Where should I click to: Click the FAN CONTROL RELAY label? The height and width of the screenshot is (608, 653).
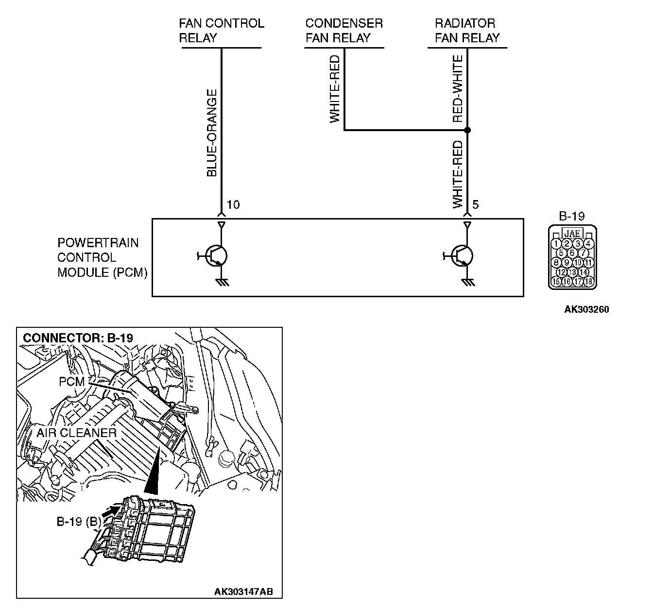click(221, 31)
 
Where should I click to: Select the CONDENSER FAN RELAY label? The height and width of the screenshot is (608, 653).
click(344, 31)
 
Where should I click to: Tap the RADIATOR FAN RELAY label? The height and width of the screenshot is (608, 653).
click(467, 31)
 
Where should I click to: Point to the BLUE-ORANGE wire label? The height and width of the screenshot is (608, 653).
click(212, 133)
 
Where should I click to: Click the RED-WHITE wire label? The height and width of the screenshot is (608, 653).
click(457, 89)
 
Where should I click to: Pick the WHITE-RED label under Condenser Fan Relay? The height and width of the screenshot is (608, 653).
click(335, 89)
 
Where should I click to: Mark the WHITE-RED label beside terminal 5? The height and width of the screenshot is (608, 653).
click(458, 174)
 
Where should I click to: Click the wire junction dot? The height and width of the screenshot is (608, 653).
click(467, 130)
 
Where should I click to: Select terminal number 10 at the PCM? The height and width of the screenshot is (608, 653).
click(233, 204)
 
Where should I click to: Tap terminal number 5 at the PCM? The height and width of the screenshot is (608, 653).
click(475, 204)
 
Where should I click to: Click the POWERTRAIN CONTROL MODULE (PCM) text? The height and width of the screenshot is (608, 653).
click(102, 257)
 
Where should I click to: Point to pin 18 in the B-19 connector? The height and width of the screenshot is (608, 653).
click(589, 281)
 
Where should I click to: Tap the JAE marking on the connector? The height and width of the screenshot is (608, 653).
click(573, 233)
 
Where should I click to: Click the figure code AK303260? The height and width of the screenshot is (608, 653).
click(586, 309)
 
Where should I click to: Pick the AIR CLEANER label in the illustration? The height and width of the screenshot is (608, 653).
click(76, 432)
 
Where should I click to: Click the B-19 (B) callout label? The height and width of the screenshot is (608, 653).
click(79, 522)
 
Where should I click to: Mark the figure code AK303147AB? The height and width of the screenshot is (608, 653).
click(243, 591)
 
